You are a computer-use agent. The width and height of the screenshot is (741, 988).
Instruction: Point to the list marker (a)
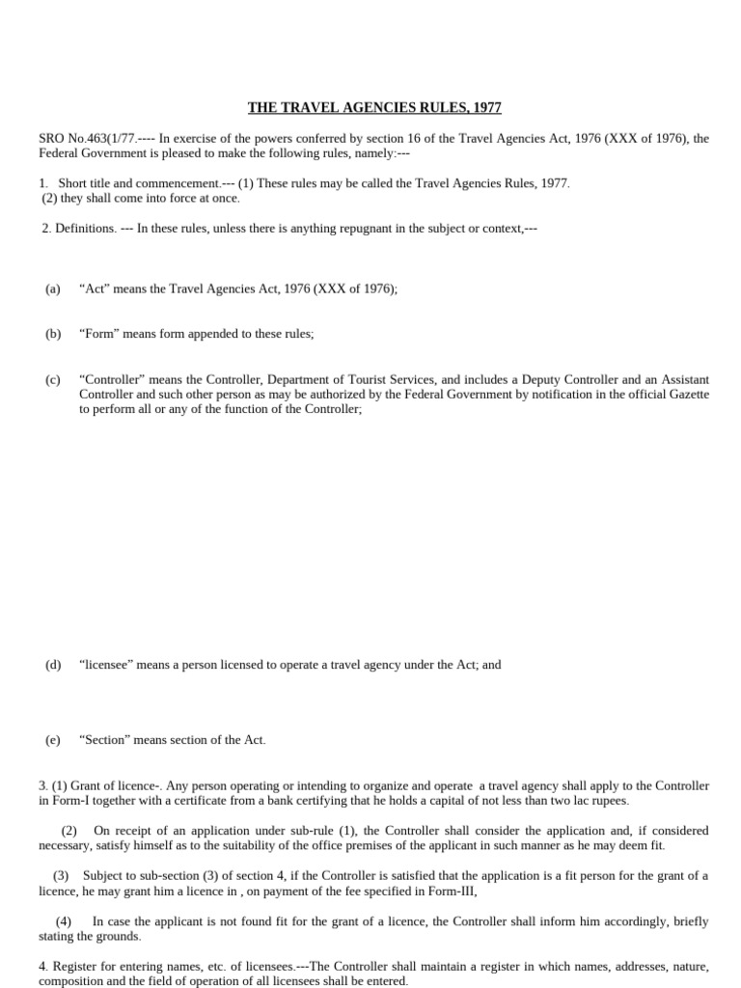pyautogui.click(x=52, y=288)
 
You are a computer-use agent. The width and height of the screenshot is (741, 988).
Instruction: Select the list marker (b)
pyautogui.click(x=52, y=334)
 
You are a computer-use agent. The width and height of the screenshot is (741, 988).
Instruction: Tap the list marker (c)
pyautogui.click(x=52, y=380)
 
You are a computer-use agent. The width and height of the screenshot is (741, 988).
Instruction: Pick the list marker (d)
pyautogui.click(x=52, y=665)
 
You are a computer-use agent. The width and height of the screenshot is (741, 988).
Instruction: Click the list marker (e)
pyautogui.click(x=52, y=740)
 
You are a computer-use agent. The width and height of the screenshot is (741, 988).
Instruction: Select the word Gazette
pyautogui.click(x=688, y=395)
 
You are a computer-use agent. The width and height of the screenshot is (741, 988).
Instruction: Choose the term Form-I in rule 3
pyautogui.click(x=69, y=801)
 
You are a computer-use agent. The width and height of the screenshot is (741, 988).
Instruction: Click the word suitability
pyautogui.click(x=251, y=846)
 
